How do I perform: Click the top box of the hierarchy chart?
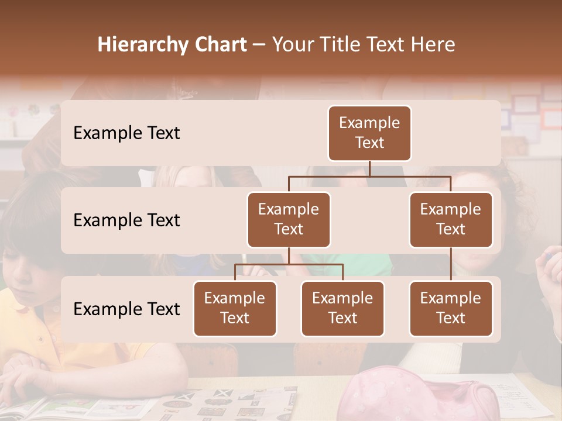(369, 133)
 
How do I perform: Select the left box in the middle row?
(289, 219)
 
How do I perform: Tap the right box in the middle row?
(451, 219)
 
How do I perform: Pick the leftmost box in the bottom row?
(235, 308)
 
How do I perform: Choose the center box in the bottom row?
(342, 308)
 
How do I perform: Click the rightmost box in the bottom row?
(451, 308)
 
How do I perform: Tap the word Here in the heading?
(433, 44)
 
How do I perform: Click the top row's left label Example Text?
(126, 133)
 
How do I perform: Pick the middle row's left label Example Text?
(126, 220)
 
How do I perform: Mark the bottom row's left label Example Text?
(126, 309)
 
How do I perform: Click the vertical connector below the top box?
(369, 168)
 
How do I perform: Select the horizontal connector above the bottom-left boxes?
(289, 264)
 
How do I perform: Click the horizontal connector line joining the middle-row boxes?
(369, 175)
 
